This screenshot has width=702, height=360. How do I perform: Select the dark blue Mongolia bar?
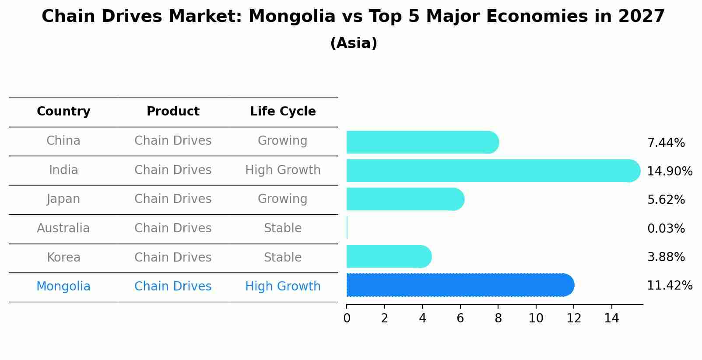[x=460, y=285]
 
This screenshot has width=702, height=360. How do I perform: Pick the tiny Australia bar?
[x=347, y=228]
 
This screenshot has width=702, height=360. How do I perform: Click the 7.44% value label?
[x=666, y=143]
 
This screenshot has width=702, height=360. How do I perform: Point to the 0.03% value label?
[x=666, y=229]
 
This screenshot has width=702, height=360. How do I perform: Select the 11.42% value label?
[x=669, y=286]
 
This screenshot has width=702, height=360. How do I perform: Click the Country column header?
[x=63, y=112]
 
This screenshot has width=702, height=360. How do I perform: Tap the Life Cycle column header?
[x=283, y=112]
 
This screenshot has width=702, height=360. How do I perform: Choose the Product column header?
[x=173, y=112]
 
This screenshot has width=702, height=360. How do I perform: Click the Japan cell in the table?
[x=63, y=199]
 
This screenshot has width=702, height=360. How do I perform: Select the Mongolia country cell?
[x=63, y=287]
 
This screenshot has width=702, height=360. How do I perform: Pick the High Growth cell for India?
[x=283, y=170]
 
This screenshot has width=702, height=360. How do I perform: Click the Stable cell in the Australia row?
[x=283, y=228]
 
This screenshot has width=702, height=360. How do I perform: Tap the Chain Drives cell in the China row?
[x=173, y=141]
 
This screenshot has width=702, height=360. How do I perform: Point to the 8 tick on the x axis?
[x=498, y=318]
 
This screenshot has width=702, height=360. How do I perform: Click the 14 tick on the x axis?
[x=611, y=318]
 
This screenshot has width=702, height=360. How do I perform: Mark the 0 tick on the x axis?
[x=347, y=318]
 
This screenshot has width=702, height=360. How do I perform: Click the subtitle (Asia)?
[x=354, y=43]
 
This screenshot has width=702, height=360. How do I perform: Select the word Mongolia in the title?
[x=291, y=17]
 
